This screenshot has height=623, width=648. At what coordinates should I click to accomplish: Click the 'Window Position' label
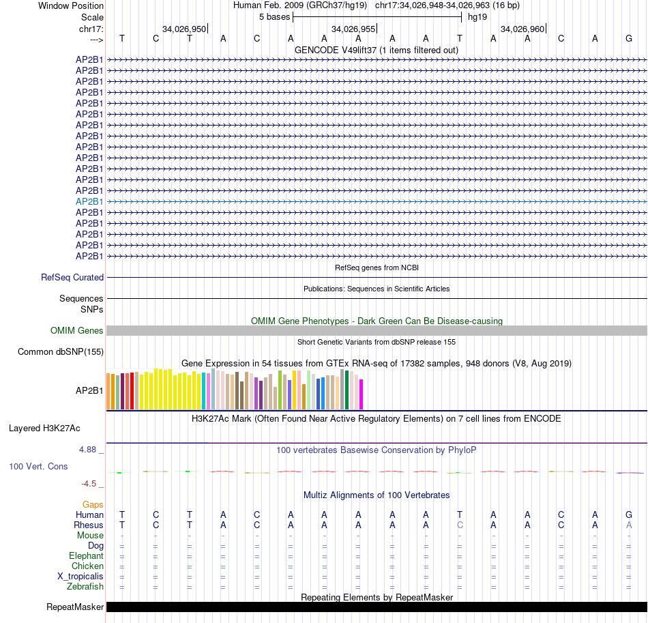pyautogui.click(x=71, y=5)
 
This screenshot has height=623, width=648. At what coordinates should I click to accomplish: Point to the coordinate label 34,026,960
pyautogui.click(x=522, y=29)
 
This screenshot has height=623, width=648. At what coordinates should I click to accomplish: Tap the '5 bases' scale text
pyautogui.click(x=274, y=16)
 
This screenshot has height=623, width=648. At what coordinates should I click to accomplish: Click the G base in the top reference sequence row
pyautogui.click(x=628, y=38)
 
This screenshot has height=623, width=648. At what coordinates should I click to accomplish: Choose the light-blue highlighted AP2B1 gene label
pyautogui.click(x=89, y=201)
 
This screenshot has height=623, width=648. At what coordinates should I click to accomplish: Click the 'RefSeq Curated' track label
pyautogui.click(x=72, y=278)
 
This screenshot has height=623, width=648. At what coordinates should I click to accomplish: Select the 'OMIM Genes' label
pyautogui.click(x=77, y=331)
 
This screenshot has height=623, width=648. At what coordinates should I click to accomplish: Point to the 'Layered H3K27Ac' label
pyautogui.click(x=44, y=429)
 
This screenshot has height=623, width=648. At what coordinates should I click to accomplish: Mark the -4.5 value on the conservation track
pyautogui.click(x=89, y=484)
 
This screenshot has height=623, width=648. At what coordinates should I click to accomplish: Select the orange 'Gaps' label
pyautogui.click(x=93, y=504)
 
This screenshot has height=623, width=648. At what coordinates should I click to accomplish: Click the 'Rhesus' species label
pyautogui.click(x=89, y=525)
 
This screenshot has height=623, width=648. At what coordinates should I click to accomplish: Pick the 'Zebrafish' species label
pyautogui.click(x=85, y=587)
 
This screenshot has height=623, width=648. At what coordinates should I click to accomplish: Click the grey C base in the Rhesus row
pyautogui.click(x=460, y=525)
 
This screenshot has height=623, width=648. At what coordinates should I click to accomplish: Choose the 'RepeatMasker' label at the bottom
pyautogui.click(x=75, y=607)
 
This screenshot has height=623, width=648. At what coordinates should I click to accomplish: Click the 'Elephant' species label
pyautogui.click(x=87, y=556)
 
